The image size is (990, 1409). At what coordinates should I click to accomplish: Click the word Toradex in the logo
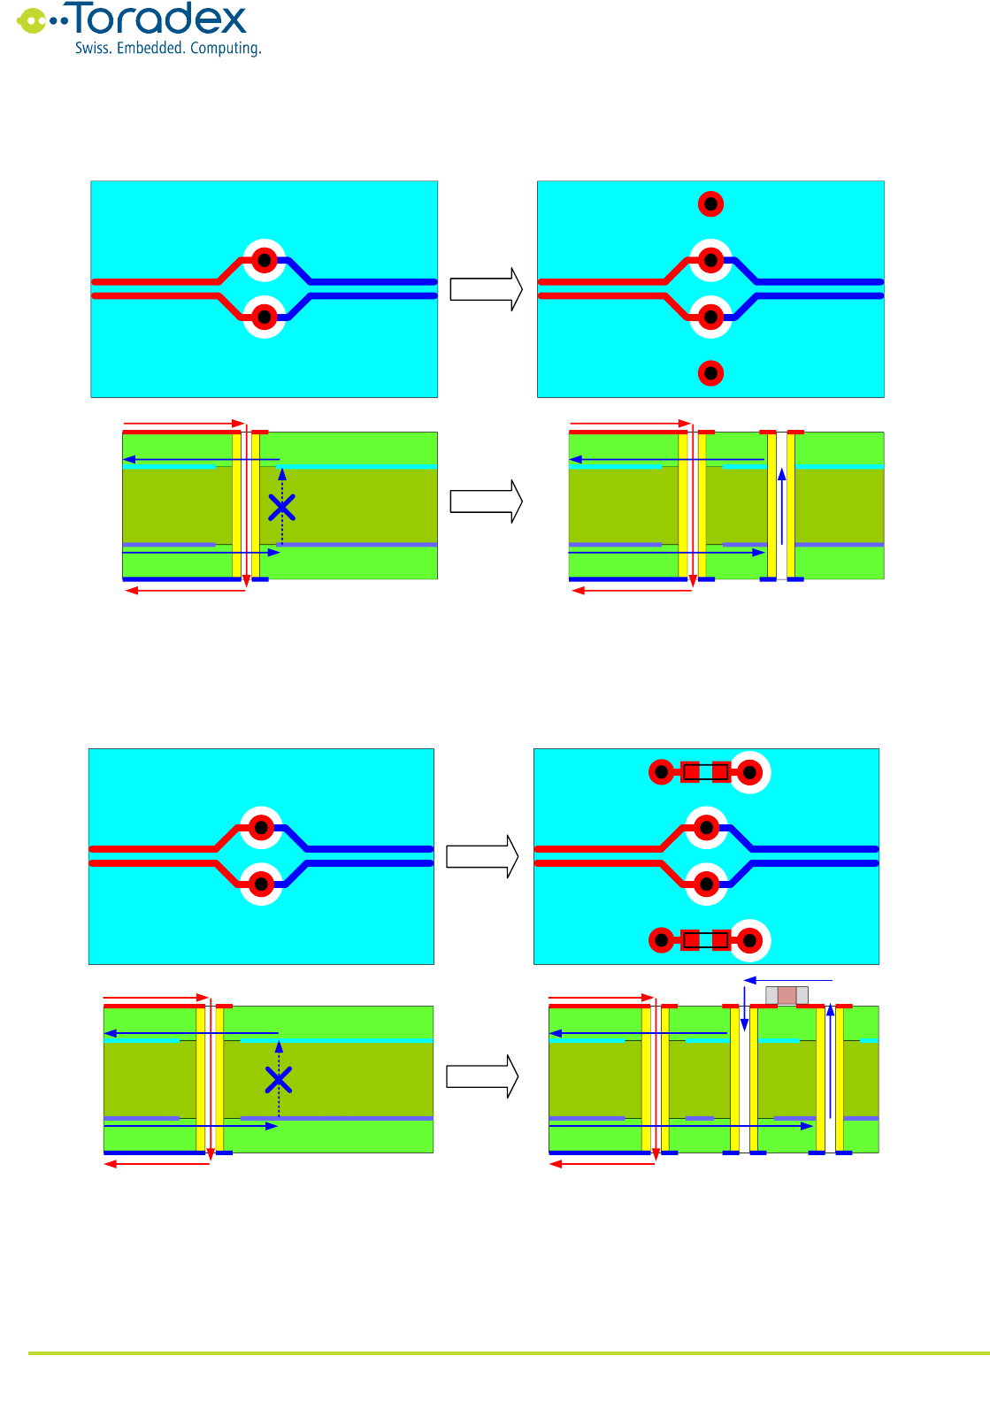coord(158,19)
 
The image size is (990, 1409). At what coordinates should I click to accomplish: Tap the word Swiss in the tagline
coord(92,49)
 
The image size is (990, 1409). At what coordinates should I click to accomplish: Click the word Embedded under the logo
coord(150,49)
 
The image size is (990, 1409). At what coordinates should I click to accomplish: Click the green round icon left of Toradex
coord(32,20)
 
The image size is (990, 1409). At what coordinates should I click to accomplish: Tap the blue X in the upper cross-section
coord(281,508)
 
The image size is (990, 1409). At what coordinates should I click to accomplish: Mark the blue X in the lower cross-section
coord(279,1080)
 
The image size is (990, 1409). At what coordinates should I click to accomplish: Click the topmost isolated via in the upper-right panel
coord(710,204)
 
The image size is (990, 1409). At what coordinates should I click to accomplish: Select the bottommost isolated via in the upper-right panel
coord(710,373)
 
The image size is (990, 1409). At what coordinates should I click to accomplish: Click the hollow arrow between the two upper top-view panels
coord(486,289)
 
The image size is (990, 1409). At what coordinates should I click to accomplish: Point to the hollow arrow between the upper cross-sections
coord(486,502)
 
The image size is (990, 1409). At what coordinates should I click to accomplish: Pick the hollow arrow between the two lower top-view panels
coord(481,856)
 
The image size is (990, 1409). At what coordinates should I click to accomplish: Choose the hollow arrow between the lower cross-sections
coord(481,1076)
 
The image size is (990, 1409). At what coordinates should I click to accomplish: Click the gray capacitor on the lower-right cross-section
coord(787,995)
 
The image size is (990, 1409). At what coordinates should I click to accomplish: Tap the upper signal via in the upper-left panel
coord(264,261)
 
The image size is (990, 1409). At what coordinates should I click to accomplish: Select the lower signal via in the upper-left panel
coord(264,317)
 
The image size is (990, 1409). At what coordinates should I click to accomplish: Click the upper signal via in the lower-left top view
coord(261,828)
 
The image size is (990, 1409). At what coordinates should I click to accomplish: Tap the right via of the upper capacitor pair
coord(749,772)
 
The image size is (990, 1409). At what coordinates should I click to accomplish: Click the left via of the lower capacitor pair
coord(662,940)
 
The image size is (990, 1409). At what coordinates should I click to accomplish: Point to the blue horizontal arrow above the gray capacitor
coord(788,980)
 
